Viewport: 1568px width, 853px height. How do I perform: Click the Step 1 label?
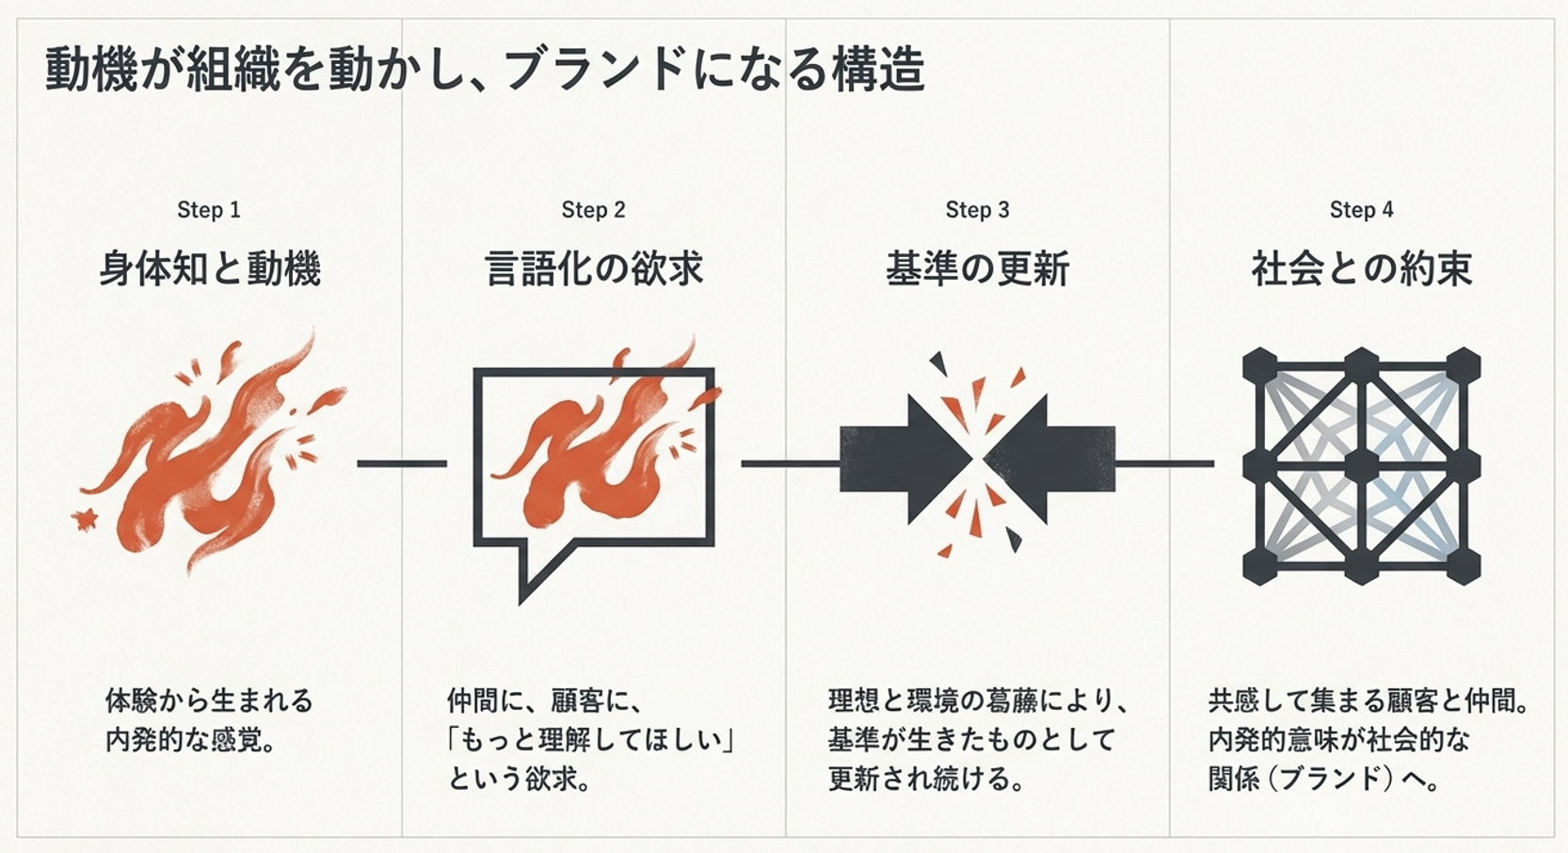tap(209, 210)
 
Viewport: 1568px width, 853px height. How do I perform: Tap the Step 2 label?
tap(593, 210)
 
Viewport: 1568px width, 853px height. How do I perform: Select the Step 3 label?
tap(977, 210)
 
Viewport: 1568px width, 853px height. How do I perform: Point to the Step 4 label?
tap(1361, 210)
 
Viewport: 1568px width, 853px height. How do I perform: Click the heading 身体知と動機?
tap(210, 269)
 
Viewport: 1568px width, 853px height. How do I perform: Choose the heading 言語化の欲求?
tap(594, 269)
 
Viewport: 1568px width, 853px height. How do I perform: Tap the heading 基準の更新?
tap(977, 269)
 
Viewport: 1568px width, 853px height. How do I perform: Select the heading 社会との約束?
tap(1361, 269)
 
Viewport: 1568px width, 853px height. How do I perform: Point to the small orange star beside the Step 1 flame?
tap(86, 517)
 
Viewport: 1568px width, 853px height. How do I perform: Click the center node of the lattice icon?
tap(1361, 465)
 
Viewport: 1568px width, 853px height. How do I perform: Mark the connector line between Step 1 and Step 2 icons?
tap(402, 463)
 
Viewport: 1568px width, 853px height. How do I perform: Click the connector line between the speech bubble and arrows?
tap(789, 463)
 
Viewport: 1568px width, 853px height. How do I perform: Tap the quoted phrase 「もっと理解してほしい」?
tap(590, 740)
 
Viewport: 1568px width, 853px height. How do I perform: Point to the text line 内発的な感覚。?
tap(192, 740)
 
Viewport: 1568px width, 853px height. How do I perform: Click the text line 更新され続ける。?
tap(926, 780)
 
